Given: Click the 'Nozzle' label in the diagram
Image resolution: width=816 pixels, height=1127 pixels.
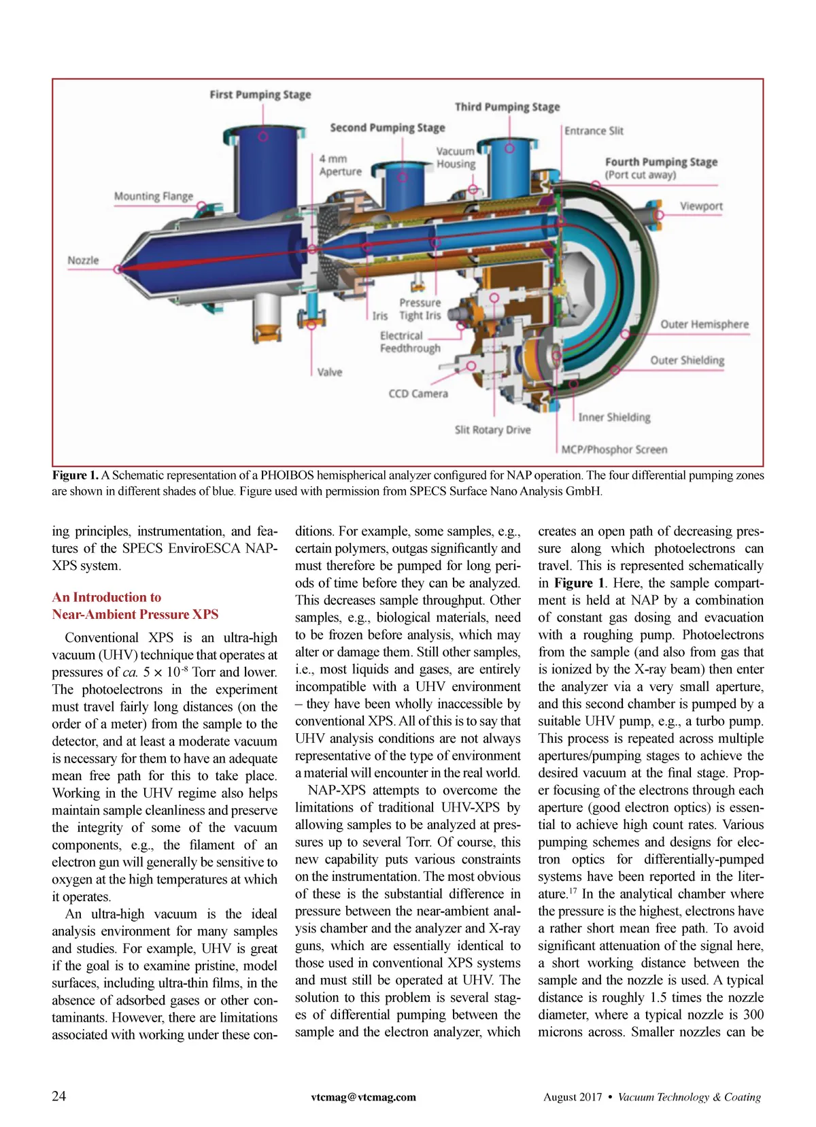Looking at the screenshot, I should [83, 260].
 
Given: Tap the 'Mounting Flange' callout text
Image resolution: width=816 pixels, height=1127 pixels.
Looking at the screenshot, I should [153, 197].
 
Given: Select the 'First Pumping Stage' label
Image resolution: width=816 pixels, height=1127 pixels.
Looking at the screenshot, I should [260, 95].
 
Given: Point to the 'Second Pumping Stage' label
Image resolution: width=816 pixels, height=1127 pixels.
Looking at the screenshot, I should [387, 128].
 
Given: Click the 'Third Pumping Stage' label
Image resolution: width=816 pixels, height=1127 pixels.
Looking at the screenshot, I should [507, 107].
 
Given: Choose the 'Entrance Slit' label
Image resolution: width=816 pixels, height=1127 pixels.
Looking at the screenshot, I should [593, 131].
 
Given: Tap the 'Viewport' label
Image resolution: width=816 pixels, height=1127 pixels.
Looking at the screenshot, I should [701, 206].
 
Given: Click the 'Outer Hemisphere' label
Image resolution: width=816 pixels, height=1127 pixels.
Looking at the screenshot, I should [704, 324].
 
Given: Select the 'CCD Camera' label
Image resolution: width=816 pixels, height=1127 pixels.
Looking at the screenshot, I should [418, 394].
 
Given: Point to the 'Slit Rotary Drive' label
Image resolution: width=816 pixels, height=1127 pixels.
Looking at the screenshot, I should [492, 430].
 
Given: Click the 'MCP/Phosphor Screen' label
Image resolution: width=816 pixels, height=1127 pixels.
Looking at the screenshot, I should [614, 450].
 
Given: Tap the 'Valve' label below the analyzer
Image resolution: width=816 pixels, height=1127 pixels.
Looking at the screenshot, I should [330, 372].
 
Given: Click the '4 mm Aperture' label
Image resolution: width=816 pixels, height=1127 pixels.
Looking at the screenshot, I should [340, 165].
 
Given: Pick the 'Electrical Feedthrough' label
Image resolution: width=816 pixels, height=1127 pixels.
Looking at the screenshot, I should [410, 342].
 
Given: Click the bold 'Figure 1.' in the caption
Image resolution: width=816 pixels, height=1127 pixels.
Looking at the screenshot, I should [75, 475].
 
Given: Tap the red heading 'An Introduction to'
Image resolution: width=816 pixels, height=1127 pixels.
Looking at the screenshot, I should [107, 597].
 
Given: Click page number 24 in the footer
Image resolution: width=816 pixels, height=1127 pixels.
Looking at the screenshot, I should [59, 1096].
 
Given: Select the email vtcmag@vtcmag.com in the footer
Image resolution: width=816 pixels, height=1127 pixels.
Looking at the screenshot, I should [363, 1097].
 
